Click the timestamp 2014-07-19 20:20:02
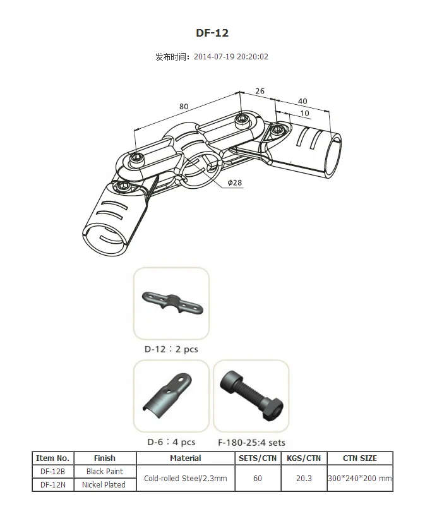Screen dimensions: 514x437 (x=230, y=57)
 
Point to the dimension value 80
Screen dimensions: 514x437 (x=184, y=106)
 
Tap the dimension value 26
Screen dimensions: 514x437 (x=260, y=91)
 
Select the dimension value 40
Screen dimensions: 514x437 (x=302, y=101)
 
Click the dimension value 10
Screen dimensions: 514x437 (x=305, y=113)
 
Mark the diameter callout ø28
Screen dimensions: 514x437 (x=234, y=182)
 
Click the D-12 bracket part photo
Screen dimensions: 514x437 (x=171, y=304)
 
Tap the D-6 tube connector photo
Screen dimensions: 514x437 (x=171, y=396)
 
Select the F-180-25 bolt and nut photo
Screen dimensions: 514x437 (x=251, y=396)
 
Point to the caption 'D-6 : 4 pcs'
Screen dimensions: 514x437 (x=171, y=442)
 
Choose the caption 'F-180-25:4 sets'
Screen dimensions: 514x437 (x=251, y=443)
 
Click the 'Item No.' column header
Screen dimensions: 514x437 (x=53, y=458)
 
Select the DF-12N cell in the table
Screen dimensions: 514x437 (x=53, y=485)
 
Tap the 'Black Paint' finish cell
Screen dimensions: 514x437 (x=104, y=472)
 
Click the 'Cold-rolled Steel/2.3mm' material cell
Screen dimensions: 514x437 (x=186, y=479)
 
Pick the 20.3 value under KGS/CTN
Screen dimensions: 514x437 (x=304, y=479)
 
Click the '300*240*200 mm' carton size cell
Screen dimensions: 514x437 (x=359, y=479)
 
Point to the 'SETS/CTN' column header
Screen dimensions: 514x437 (x=257, y=458)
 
